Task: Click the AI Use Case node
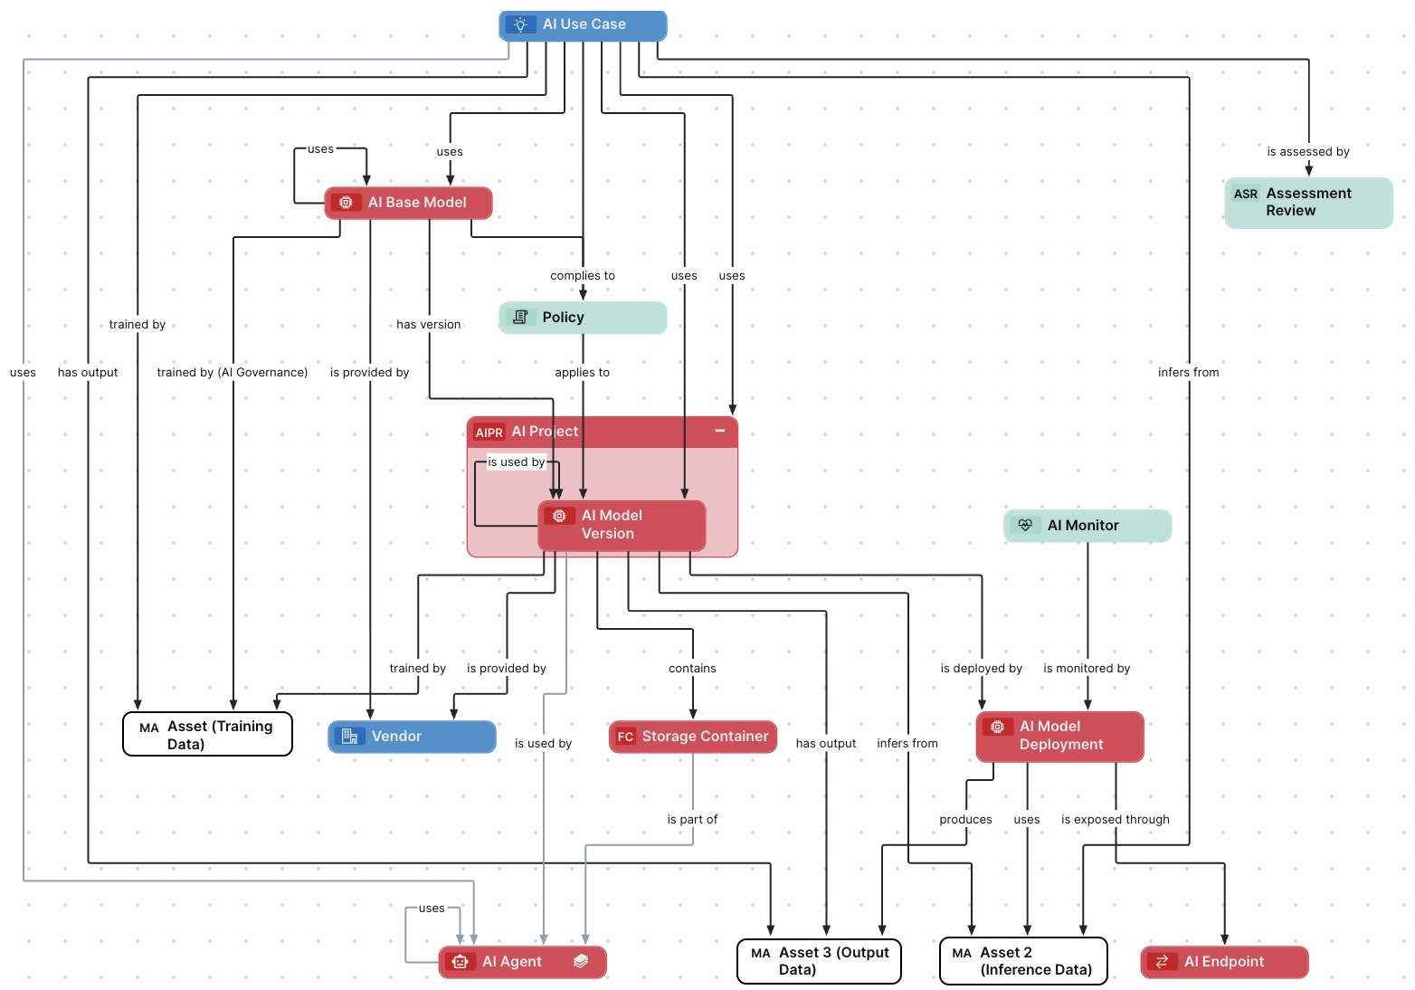pyautogui.click(x=583, y=25)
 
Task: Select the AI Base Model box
pyautogui.click(x=408, y=203)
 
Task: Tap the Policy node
pyautogui.click(x=583, y=318)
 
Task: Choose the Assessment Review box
pyautogui.click(x=1308, y=203)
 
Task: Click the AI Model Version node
pyautogui.click(x=622, y=525)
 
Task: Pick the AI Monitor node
pyautogui.click(x=1087, y=526)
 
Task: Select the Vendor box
pyautogui.click(x=412, y=737)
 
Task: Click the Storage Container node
pyautogui.click(x=693, y=737)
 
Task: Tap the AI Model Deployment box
pyautogui.click(x=1060, y=736)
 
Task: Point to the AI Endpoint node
pyautogui.click(x=1224, y=962)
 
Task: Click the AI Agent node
pyautogui.click(x=522, y=962)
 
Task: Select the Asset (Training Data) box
pyautogui.click(x=207, y=735)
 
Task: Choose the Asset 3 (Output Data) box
pyautogui.click(x=819, y=961)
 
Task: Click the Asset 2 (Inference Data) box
pyautogui.click(x=1023, y=961)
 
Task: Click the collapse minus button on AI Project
pyautogui.click(x=720, y=431)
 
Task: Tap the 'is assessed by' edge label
pyautogui.click(x=1308, y=152)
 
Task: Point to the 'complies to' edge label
pyautogui.click(x=583, y=276)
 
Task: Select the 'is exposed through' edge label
pyautogui.click(x=1115, y=820)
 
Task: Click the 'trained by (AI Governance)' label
pyautogui.click(x=233, y=373)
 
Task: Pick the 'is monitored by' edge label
pyautogui.click(x=1087, y=669)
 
